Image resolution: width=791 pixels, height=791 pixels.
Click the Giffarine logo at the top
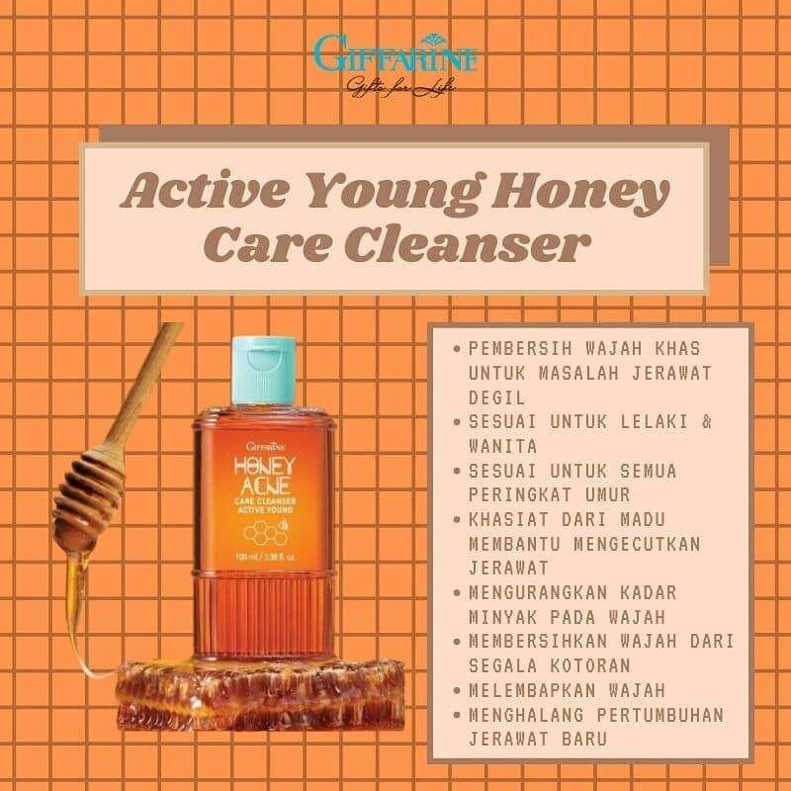click(x=395, y=54)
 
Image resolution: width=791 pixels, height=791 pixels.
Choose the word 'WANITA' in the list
click(x=503, y=446)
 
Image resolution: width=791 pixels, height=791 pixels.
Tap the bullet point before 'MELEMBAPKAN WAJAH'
click(x=456, y=690)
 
